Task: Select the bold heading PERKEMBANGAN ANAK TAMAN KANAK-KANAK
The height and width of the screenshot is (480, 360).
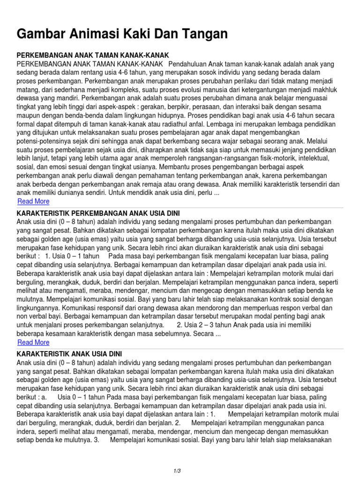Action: coord(92,55)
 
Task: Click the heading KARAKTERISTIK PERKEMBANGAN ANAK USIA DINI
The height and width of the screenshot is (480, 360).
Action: coord(98,213)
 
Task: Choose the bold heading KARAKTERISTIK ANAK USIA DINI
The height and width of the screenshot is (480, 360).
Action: coord(69,354)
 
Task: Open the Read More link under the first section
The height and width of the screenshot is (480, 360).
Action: coord(33,202)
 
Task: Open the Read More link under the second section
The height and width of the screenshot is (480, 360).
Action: coord(33,343)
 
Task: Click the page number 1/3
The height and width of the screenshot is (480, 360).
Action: coord(177,470)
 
